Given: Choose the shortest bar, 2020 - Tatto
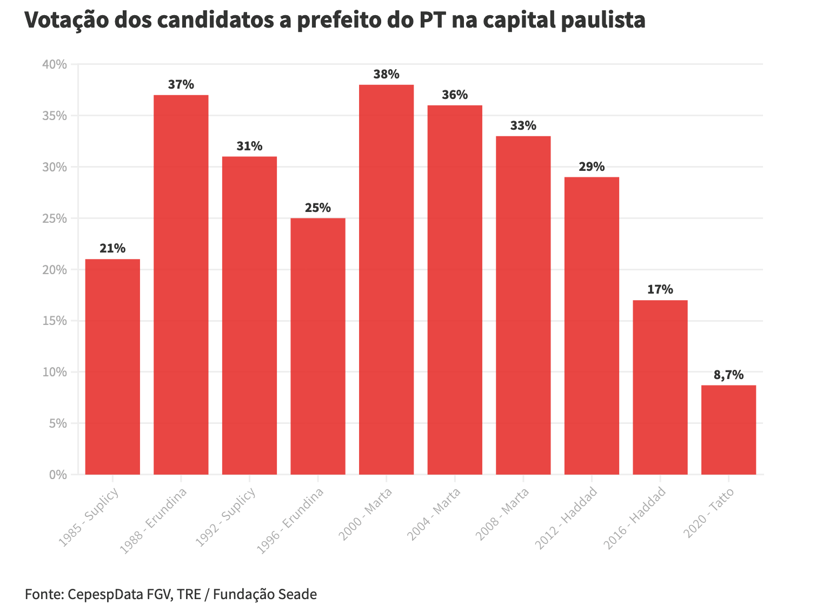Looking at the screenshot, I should click(728, 430).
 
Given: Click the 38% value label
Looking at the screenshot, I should click(386, 75).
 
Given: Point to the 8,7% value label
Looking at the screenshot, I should click(728, 375).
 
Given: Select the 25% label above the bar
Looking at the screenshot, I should click(318, 208).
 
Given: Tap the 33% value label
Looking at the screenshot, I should click(523, 126).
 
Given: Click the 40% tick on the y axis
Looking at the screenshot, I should click(54, 64).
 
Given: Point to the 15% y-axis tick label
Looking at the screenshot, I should click(54, 321).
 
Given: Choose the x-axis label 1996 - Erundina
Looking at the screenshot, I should click(290, 520).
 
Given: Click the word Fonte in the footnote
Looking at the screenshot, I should click(43, 594).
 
